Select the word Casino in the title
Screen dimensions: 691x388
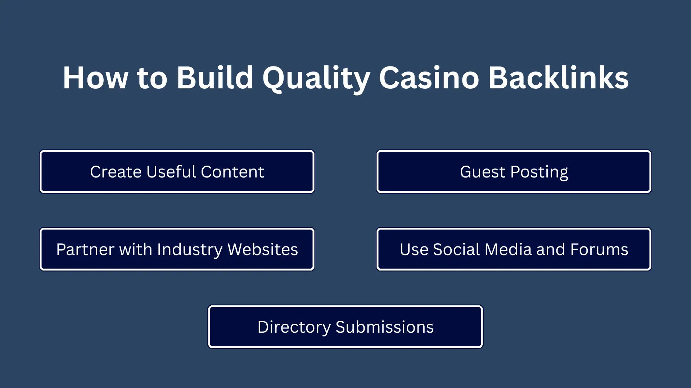tap(429, 78)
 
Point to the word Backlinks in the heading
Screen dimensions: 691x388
tap(559, 78)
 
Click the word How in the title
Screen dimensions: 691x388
tap(95, 78)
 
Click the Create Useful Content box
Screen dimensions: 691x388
tap(177, 172)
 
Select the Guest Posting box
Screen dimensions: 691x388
tap(514, 172)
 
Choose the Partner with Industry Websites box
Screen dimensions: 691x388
tap(177, 249)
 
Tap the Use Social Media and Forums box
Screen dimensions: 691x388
tap(514, 249)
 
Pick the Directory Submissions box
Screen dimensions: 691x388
tap(345, 327)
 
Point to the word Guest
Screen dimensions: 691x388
tap(483, 172)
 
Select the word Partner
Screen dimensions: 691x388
tap(85, 249)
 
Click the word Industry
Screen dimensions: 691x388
tap(190, 250)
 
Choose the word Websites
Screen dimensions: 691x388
tap(263, 249)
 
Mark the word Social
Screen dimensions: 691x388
tap(456, 249)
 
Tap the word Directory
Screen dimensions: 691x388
tap(294, 328)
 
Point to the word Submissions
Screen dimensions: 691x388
tap(384, 327)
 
